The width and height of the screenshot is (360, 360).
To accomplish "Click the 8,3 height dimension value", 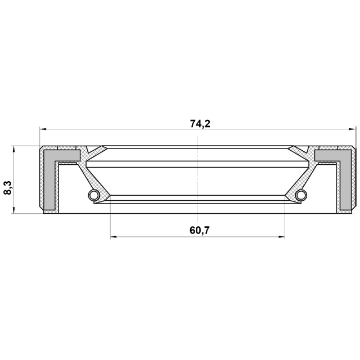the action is pyautogui.click(x=8, y=187).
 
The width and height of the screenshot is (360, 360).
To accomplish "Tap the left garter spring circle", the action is pyautogui.click(x=94, y=195).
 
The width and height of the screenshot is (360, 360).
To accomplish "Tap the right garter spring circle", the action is pyautogui.click(x=301, y=195).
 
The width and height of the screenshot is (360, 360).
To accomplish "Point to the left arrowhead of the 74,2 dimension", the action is pyautogui.click(x=43, y=129).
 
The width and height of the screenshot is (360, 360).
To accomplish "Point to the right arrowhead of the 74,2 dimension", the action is pyautogui.click(x=352, y=129).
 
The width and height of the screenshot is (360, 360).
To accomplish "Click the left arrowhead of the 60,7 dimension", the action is pyautogui.click(x=114, y=237).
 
